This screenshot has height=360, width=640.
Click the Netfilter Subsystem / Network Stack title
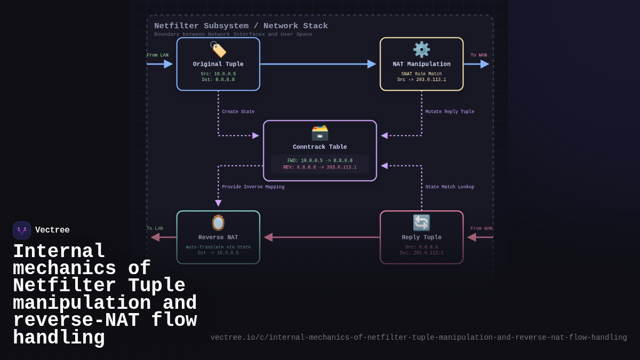point(241,26)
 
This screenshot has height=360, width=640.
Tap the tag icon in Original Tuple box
point(218,50)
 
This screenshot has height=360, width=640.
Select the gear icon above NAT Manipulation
point(421,50)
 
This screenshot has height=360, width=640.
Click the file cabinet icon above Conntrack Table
point(319,133)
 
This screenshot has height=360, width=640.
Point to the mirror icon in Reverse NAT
point(218,222)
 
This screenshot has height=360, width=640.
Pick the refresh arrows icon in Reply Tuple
point(421,222)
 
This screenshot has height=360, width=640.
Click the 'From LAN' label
point(157,55)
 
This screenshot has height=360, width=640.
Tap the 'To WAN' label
point(478,55)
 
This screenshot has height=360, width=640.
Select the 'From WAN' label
point(481,229)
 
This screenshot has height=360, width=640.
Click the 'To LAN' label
point(155,229)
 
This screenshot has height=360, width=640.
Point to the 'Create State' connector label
point(238,112)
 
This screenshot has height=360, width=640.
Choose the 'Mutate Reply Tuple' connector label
point(450,112)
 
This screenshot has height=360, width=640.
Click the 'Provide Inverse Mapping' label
point(253,187)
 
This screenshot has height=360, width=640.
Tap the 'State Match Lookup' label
point(450,187)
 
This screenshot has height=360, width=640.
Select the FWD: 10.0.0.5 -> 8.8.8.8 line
point(320,161)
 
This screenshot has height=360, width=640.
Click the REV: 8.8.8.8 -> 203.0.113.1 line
point(320,167)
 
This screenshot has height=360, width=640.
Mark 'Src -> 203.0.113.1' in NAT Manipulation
point(421,80)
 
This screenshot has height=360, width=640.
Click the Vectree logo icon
point(22,230)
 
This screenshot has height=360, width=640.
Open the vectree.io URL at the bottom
point(419,338)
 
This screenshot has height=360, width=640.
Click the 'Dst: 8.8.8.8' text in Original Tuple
point(218,80)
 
